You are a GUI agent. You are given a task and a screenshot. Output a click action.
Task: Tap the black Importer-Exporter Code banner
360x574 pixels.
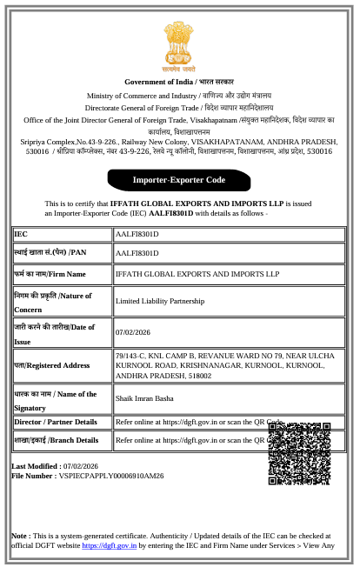click(179, 180)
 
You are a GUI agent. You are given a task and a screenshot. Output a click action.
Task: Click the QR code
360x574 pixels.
click(298, 454)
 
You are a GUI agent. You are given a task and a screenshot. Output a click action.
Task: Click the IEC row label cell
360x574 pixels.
click(62, 234)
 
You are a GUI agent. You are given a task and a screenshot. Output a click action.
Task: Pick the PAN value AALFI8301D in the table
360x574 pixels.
click(137, 253)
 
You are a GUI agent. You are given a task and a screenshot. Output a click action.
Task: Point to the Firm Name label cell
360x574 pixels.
click(62, 274)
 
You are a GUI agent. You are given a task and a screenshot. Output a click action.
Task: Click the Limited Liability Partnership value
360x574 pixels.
click(160, 302)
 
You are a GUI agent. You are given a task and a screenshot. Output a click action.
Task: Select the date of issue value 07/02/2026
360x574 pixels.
click(132, 332)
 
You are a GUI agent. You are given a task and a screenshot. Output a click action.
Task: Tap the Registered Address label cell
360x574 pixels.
click(62, 365)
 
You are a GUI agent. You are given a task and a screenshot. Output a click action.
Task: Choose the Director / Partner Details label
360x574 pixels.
click(62, 422)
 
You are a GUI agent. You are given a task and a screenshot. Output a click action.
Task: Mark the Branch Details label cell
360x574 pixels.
click(62, 441)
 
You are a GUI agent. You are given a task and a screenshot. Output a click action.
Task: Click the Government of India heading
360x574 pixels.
click(179, 81)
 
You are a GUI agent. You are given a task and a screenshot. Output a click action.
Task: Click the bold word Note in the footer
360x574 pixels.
click(20, 536)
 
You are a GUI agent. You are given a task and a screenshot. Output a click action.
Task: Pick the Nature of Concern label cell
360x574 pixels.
click(62, 302)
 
